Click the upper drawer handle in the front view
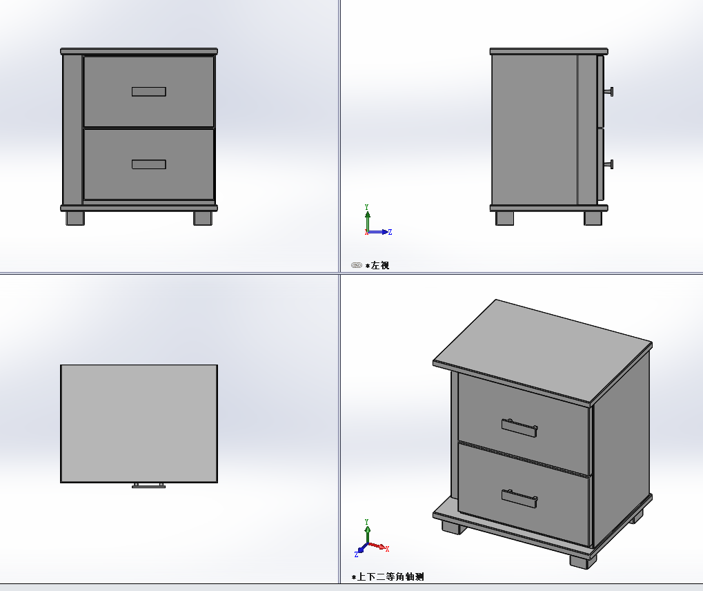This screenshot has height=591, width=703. [x=149, y=92]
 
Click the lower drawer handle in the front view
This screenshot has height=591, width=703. [x=149, y=164]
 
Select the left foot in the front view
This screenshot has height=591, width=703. [x=75, y=218]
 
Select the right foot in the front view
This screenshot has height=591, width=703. [x=203, y=218]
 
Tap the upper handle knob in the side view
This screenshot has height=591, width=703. [x=608, y=92]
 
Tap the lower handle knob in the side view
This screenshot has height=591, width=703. [x=608, y=165]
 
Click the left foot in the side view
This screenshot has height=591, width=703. [x=505, y=218]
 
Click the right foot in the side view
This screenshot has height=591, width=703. [x=593, y=218]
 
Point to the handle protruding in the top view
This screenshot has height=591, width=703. [x=149, y=485]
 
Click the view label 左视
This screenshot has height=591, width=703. [x=379, y=266]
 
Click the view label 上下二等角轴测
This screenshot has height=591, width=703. [x=390, y=577]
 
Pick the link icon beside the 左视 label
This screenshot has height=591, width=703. [x=357, y=265]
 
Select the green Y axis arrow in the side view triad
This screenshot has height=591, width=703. [x=368, y=218]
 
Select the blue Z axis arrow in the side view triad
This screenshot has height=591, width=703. [x=379, y=232]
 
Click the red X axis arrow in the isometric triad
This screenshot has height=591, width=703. [x=378, y=546]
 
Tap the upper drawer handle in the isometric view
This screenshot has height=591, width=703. [x=519, y=427]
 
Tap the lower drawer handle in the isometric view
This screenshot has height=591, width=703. [x=519, y=498]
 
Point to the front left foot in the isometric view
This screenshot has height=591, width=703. [x=454, y=527]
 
